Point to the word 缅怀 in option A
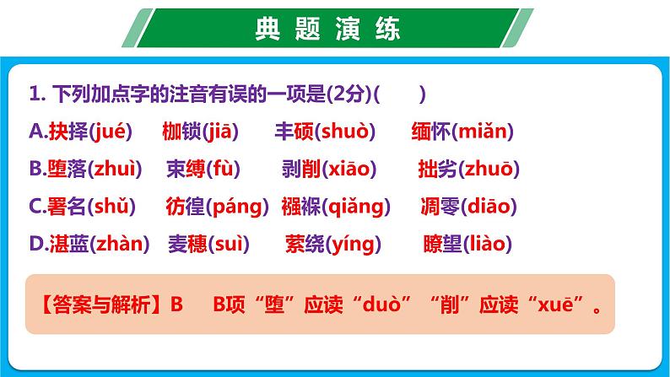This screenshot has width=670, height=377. coord(431,132)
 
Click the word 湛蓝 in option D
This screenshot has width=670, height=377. coord(65,245)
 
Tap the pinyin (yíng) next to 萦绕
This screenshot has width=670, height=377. coord(354,245)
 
